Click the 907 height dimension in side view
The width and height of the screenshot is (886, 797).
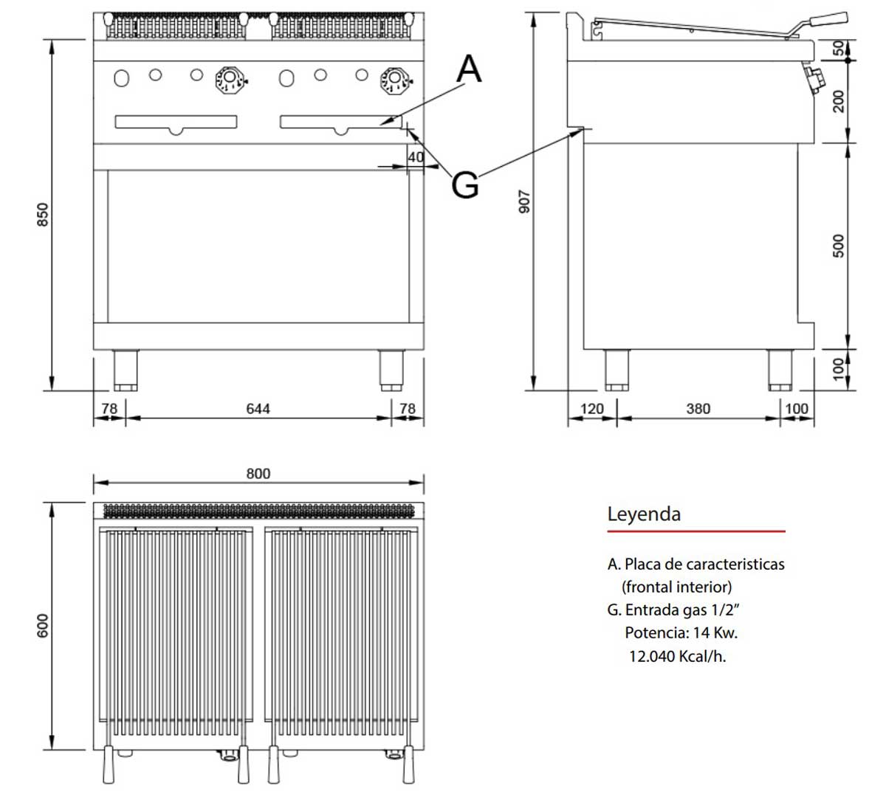tap(524, 201)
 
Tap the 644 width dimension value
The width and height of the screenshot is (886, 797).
tap(258, 408)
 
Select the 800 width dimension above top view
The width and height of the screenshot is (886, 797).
tap(258, 473)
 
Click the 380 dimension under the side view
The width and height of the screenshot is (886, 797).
tap(698, 408)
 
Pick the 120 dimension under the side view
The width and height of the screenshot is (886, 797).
tap(591, 408)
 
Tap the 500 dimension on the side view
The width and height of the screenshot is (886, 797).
tap(838, 246)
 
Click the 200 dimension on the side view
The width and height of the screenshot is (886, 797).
tap(838, 101)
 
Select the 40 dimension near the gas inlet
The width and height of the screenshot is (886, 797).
tap(416, 156)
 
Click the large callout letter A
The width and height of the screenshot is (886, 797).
tap(469, 69)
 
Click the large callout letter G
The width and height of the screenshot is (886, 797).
tap(465, 184)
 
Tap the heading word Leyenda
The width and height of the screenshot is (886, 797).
tap(644, 514)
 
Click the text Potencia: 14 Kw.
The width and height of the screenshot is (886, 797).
tap(681, 632)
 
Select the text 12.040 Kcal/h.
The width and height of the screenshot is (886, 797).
tap(677, 656)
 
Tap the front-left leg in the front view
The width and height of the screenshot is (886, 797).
tap(126, 370)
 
